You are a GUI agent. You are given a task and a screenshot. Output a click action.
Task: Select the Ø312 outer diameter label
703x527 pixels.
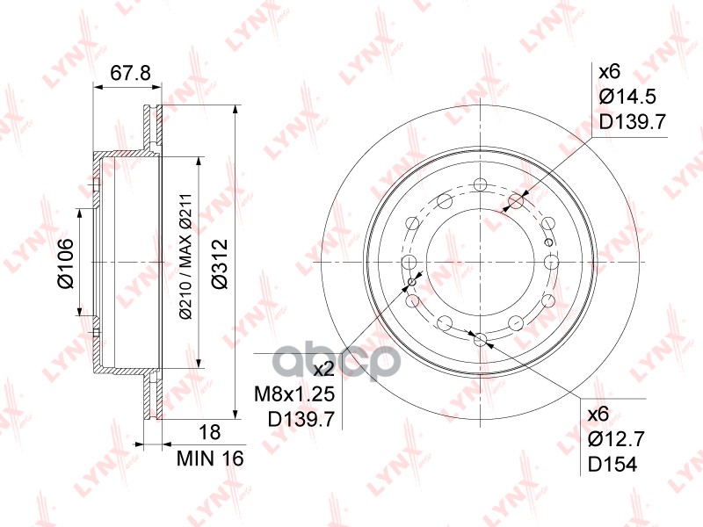click(x=221, y=263)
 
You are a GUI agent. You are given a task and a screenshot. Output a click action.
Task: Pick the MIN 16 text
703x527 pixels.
click(x=209, y=457)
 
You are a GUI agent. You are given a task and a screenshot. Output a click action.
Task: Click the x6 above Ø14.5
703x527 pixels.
click(x=609, y=72)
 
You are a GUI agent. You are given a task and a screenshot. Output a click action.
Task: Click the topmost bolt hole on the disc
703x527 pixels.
click(x=480, y=184)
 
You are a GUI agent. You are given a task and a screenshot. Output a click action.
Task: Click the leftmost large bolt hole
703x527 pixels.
click(x=409, y=262)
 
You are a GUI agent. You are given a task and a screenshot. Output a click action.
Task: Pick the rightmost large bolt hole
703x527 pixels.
click(x=551, y=262)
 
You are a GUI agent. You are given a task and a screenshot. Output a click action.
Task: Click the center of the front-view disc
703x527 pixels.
click(x=480, y=262)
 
